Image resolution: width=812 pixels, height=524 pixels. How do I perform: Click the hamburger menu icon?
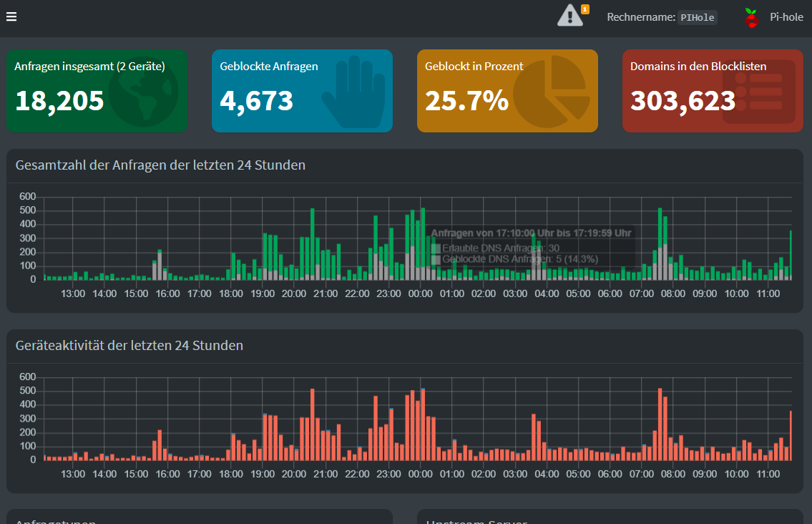[11, 17]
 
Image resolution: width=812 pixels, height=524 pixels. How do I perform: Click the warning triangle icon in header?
[569, 15]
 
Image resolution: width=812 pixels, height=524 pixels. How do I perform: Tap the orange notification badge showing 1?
[585, 9]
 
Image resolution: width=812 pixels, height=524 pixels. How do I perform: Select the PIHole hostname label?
[698, 18]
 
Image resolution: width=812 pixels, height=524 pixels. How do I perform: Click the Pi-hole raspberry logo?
[751, 18]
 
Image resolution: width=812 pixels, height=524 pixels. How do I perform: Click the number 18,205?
[59, 101]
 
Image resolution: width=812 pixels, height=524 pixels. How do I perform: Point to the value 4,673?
[257, 101]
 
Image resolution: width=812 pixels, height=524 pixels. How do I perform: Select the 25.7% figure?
[466, 101]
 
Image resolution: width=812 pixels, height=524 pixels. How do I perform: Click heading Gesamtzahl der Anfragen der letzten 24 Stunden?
[160, 165]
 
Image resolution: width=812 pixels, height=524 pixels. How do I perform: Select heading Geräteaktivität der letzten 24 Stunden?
[129, 346]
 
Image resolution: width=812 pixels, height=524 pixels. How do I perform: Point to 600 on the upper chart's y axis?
[28, 197]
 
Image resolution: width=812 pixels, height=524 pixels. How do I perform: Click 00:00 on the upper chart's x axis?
[420, 293]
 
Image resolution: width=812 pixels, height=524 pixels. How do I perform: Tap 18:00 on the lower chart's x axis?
[230, 474]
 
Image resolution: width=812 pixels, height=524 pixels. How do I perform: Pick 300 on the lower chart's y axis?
[28, 419]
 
